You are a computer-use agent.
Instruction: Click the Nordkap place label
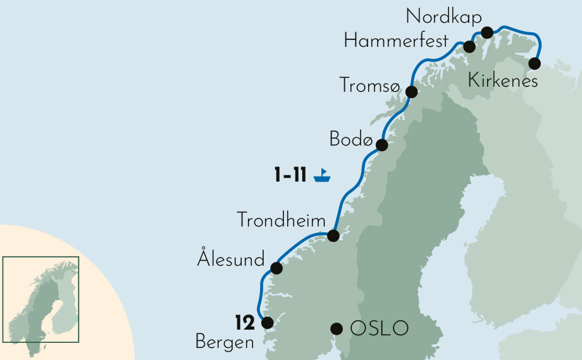pyautogui.click(x=443, y=16)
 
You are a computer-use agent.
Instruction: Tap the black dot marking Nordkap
pyautogui.click(x=487, y=32)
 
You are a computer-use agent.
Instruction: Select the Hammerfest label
pyautogui.click(x=396, y=42)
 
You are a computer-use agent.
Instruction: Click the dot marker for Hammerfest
pyautogui.click(x=469, y=47)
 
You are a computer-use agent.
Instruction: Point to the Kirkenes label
pyautogui.click(x=503, y=81)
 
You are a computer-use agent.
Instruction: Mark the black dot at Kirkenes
pyautogui.click(x=535, y=63)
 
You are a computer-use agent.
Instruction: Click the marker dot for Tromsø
pyautogui.click(x=412, y=92)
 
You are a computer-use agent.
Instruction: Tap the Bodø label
pyautogui.click(x=350, y=139)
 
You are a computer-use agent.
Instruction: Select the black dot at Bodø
pyautogui.click(x=381, y=146)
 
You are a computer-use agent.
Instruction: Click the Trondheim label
pyautogui.click(x=281, y=220)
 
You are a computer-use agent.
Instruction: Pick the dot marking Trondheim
pyautogui.click(x=333, y=237)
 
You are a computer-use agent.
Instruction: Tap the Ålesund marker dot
pyautogui.click(x=276, y=268)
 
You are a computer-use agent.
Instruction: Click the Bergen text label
pyautogui.click(x=224, y=343)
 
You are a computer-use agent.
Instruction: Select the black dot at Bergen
pyautogui.click(x=267, y=323)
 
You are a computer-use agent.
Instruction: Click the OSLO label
pyautogui.click(x=380, y=328)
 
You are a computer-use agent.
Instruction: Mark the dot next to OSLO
pyautogui.click(x=337, y=328)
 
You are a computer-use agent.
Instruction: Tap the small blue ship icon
pyautogui.click(x=323, y=175)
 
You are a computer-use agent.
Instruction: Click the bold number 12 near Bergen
pyautogui.click(x=244, y=323)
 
